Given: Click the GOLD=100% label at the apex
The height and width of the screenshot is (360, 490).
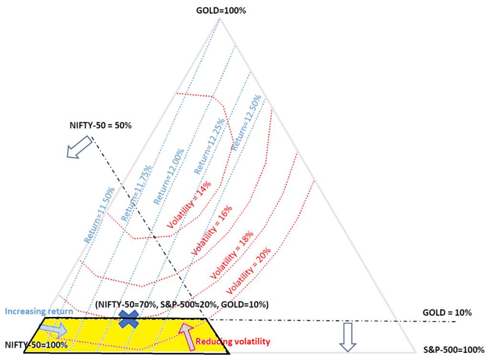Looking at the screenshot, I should [221, 10].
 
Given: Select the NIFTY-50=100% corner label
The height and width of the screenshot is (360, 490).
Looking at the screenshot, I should [35, 344].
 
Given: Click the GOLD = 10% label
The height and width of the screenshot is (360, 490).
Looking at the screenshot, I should [447, 313].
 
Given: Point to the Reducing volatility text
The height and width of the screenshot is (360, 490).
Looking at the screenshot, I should [233, 341].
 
